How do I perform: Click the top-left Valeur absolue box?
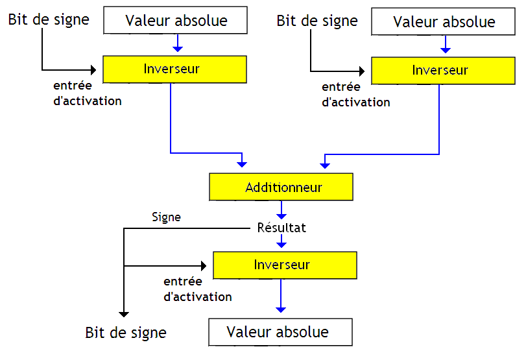click(175, 20)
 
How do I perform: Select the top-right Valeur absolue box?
click(444, 21)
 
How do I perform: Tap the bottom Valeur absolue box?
click(280, 332)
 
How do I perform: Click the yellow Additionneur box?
click(281, 187)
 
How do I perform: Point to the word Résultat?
click(281, 228)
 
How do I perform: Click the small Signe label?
click(166, 217)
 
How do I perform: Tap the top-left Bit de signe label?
click(49, 19)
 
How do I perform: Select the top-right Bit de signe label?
click(317, 21)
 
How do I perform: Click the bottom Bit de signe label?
click(126, 333)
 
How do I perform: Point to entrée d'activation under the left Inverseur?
click(87, 93)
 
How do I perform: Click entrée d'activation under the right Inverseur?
click(355, 94)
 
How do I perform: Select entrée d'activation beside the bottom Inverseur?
click(197, 289)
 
